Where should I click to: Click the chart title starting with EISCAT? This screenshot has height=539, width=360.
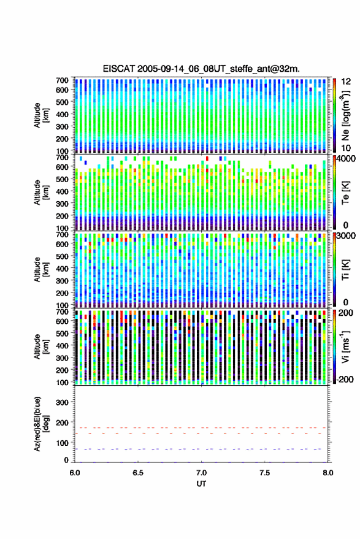click(201, 69)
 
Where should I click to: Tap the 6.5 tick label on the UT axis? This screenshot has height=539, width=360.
click(138, 473)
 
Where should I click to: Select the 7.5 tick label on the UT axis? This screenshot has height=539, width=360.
click(264, 473)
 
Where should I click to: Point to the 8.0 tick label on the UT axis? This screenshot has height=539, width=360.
click(327, 473)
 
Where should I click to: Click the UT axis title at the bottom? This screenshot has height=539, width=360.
click(201, 484)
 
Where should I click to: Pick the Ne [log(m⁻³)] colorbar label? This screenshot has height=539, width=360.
click(345, 115)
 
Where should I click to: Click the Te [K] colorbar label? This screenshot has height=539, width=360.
click(345, 193)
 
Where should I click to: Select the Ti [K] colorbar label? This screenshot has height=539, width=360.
click(345, 270)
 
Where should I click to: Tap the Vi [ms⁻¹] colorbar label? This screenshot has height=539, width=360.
click(345, 346)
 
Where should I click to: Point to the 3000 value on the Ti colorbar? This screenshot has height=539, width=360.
click(346, 236)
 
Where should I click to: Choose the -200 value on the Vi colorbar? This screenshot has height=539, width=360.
click(345, 379)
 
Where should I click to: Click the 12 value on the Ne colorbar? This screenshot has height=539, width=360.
click(346, 82)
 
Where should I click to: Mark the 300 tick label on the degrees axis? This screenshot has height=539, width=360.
click(62, 402)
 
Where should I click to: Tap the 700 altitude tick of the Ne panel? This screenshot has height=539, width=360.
click(62, 80)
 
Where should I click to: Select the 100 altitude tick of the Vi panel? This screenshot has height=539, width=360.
click(62, 382)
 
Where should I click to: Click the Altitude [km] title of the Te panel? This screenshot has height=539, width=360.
click(41, 192)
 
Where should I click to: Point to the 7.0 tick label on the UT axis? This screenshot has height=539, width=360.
click(201, 473)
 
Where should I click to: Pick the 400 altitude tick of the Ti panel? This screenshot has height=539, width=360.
click(62, 269)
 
